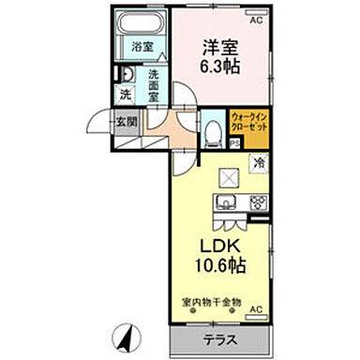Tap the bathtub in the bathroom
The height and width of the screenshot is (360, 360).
point(142,25)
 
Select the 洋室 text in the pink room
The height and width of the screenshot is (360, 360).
point(217,44)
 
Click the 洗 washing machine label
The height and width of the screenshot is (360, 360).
point(126,95)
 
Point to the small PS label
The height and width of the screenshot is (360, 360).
point(234,142)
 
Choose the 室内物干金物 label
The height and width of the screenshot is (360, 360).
point(212,303)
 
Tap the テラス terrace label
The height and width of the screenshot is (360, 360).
point(219,338)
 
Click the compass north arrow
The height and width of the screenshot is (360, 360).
point(124,332)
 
